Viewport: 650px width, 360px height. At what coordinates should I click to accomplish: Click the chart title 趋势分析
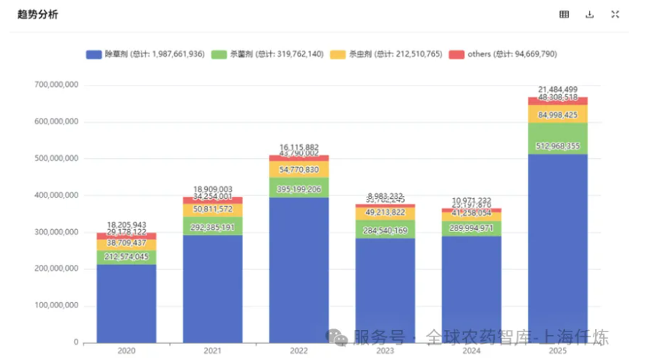(x=37, y=15)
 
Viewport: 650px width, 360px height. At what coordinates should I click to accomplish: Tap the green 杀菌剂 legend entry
(x=266, y=54)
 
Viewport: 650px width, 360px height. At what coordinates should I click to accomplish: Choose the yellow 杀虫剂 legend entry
(x=385, y=54)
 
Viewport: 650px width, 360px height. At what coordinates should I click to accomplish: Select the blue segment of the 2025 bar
(x=558, y=249)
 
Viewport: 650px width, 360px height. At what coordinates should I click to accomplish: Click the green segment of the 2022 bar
(x=299, y=187)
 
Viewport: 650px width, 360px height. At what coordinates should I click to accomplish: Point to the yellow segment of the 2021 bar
(x=212, y=209)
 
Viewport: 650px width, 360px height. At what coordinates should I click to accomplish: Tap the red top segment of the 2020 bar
(x=126, y=236)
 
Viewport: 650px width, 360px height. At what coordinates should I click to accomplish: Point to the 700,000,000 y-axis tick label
(x=56, y=86)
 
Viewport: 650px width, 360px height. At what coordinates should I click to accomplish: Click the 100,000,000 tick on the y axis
(x=56, y=306)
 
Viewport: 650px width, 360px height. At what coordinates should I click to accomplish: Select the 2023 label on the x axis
(x=385, y=351)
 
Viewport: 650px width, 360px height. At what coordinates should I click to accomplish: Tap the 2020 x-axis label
(x=126, y=351)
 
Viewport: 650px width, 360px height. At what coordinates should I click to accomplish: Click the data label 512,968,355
(x=558, y=146)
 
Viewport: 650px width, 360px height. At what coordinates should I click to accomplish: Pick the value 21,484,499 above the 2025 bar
(x=558, y=89)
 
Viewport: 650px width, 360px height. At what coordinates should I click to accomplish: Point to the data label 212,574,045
(x=126, y=256)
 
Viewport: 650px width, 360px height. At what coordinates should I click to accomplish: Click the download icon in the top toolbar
(x=589, y=15)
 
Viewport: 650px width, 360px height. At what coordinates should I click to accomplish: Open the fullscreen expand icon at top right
(x=615, y=15)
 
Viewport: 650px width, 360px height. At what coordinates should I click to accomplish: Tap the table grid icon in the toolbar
(x=564, y=15)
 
